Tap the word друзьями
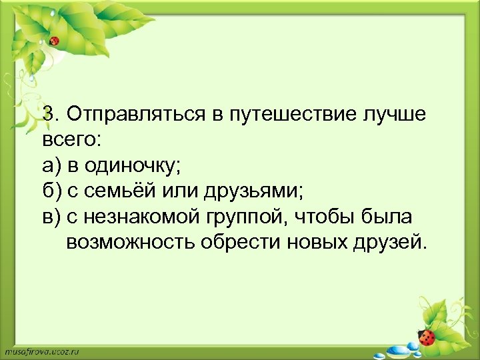256,191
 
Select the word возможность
130,241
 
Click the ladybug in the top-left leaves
54,41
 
